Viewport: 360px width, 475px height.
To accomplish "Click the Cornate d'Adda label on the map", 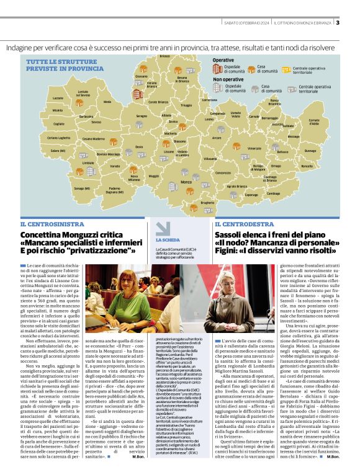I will pos(331,122).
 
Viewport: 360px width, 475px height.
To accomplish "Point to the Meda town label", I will pos(107,101).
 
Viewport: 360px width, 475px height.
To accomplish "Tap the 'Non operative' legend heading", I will pos(228,79).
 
